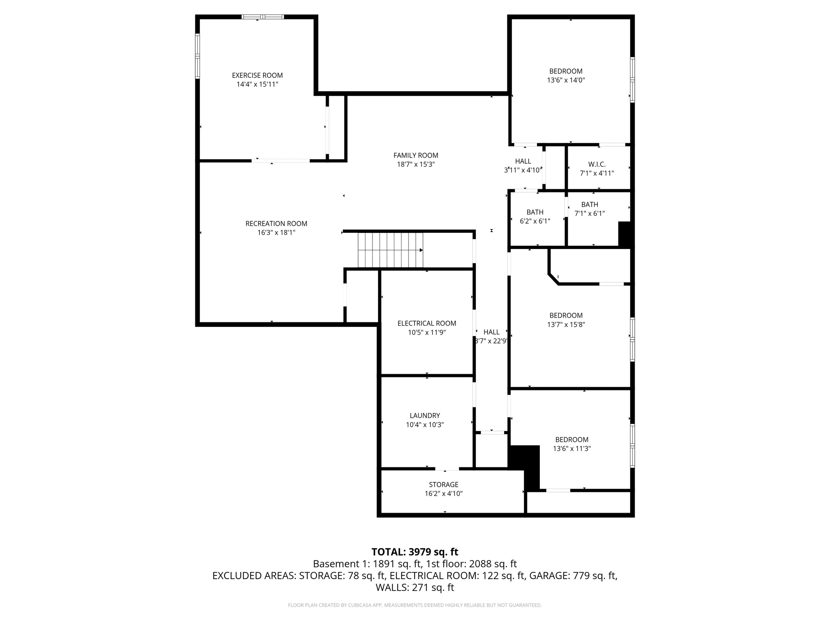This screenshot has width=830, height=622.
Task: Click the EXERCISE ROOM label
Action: click(x=257, y=75)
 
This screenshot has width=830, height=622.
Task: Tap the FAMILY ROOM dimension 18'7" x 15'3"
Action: click(x=416, y=164)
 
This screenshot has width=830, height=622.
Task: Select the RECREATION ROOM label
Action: click(x=276, y=224)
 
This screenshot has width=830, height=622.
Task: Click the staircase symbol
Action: click(x=390, y=250)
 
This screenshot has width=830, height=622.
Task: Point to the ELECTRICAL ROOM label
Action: click(x=427, y=323)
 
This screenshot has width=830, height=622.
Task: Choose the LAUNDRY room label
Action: click(x=425, y=415)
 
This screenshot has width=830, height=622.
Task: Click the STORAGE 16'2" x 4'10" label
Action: click(x=444, y=489)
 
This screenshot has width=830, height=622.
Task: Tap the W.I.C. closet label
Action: click(x=597, y=164)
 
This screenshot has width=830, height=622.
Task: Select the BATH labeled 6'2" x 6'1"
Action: click(x=535, y=217)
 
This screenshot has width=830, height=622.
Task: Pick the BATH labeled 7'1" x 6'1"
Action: click(x=590, y=209)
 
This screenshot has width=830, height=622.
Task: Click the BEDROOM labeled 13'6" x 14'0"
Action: click(x=566, y=76)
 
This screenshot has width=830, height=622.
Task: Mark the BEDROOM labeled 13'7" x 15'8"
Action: click(x=566, y=320)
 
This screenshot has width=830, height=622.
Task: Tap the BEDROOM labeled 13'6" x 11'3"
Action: click(x=572, y=444)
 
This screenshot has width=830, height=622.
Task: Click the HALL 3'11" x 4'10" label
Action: click(x=523, y=166)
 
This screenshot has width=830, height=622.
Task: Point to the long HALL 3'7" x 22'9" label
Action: click(x=491, y=337)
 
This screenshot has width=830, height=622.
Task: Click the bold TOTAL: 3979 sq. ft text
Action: click(x=415, y=552)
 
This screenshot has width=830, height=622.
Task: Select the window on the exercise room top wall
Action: click(x=263, y=17)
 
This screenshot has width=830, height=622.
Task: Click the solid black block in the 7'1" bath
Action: click(x=625, y=234)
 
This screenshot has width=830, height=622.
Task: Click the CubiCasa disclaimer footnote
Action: click(x=415, y=605)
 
